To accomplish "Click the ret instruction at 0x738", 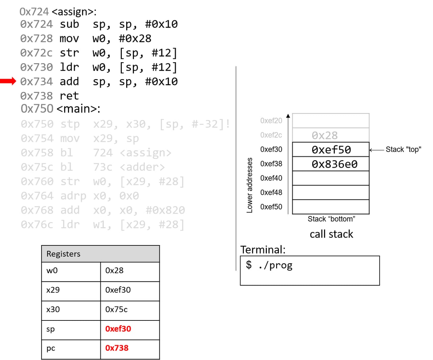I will pos(69,96).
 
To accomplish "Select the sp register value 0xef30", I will pos(118,329).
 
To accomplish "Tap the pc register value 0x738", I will pos(117,348).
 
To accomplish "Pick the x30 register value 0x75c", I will pos(116,309).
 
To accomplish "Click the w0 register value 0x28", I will pos(114,270).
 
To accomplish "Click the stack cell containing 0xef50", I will pos(331,149).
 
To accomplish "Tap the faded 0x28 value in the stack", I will pos(324,135).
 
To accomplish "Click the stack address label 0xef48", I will pos(271,192).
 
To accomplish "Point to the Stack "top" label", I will pos(403,149).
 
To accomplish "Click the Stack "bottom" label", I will pos(331,219).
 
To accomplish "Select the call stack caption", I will pos(331,234).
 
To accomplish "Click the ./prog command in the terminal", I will pos(275,265).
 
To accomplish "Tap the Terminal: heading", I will pos(263,249).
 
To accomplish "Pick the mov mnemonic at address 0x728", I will pos(69,39).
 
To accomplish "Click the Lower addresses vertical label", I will pos(250,185).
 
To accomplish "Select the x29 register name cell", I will pos(53,290).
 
